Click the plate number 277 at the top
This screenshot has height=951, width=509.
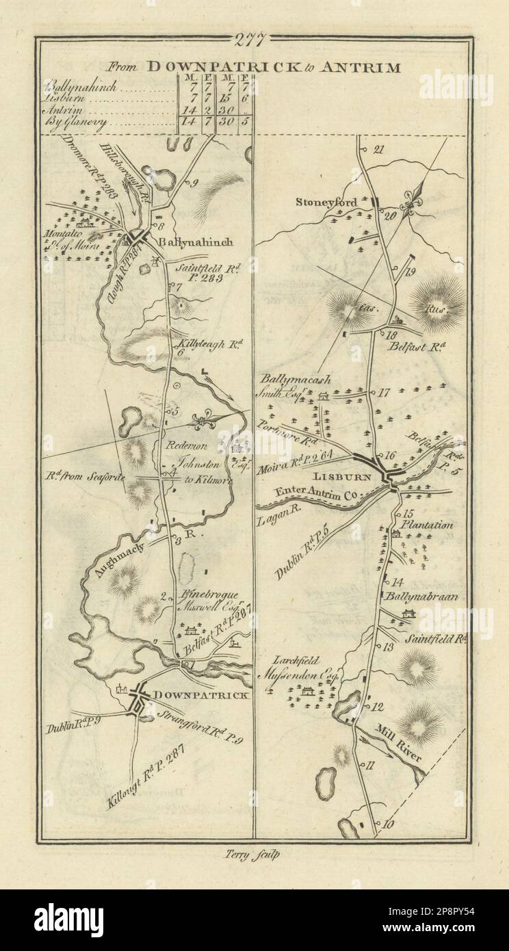click(x=252, y=40)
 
